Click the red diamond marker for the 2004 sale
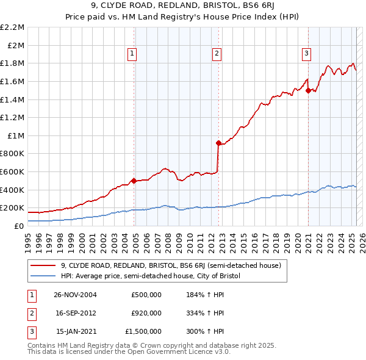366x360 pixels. point(134,181)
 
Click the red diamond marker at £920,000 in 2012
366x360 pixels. point(218,143)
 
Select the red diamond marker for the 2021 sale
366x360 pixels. point(308,90)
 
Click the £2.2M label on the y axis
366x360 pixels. point(12,27)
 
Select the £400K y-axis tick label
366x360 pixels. point(12,190)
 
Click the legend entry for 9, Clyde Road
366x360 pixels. point(170,265)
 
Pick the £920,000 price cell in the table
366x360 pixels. point(146,313)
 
